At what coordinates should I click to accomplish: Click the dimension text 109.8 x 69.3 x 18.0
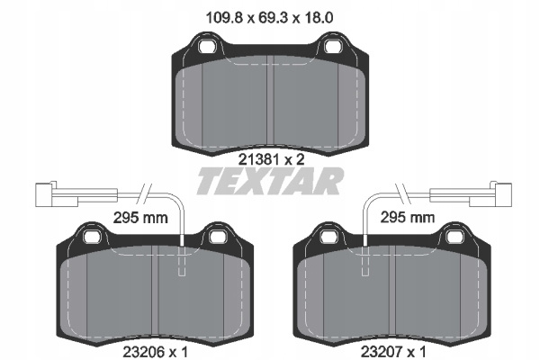tap(269, 18)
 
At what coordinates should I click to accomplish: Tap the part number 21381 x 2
tap(272, 159)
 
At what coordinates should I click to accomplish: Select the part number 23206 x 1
tap(156, 352)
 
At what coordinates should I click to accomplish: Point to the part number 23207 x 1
tap(393, 352)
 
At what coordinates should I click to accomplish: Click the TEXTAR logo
tap(270, 181)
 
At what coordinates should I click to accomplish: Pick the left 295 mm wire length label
tap(140, 218)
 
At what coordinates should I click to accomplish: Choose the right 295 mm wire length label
tap(408, 218)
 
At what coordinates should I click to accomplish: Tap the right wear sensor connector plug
tap(490, 194)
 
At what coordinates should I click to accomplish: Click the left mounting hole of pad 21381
tap(207, 46)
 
